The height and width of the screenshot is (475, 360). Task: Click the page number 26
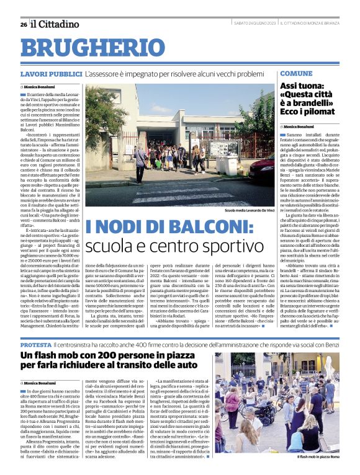pyautogui.click(x=24, y=24)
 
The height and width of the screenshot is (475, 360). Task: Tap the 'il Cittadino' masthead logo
pyautogui.click(x=56, y=24)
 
